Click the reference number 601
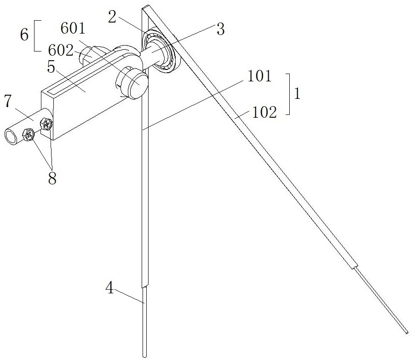pyautogui.click(x=73, y=28)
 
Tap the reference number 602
pyautogui.click(x=61, y=50)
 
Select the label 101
pyautogui.click(x=259, y=76)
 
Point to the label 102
pyautogui.click(x=264, y=112)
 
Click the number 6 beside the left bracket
pyautogui.click(x=24, y=34)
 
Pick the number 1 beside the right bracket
pyautogui.click(x=298, y=93)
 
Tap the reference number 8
pyautogui.click(x=52, y=179)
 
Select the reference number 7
pyautogui.click(x=8, y=101)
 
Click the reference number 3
pyautogui.click(x=220, y=29)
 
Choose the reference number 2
pyautogui.click(x=112, y=17)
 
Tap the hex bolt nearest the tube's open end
pyautogui.click(x=29, y=135)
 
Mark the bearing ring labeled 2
pyautogui.click(x=161, y=50)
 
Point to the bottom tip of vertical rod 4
pyautogui.click(x=144, y=357)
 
